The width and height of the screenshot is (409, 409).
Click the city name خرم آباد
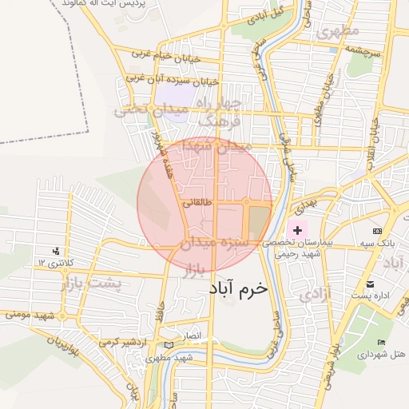pos(239,288)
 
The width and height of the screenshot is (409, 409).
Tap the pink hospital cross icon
pos(298,230)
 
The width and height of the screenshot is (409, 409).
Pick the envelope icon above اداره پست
pos(369,284)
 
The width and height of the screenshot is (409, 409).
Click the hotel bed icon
pos(381,342)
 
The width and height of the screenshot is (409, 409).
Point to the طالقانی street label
pos(197,204)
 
